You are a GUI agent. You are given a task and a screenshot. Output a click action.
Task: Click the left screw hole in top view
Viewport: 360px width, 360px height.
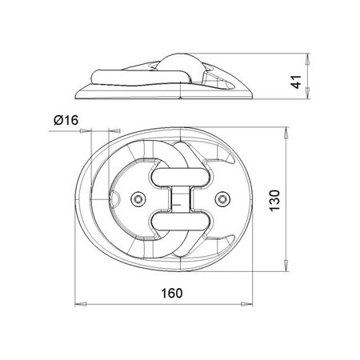(x=140, y=198)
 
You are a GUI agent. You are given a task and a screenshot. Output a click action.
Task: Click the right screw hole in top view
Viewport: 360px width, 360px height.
(x=221, y=198)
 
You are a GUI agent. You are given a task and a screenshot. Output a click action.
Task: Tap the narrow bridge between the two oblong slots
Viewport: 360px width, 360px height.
(x=181, y=198)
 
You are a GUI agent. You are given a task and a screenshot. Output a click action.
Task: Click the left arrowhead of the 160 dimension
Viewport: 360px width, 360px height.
(x=78, y=305)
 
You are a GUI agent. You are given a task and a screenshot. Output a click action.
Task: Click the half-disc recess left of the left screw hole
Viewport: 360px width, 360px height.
(x=118, y=198)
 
